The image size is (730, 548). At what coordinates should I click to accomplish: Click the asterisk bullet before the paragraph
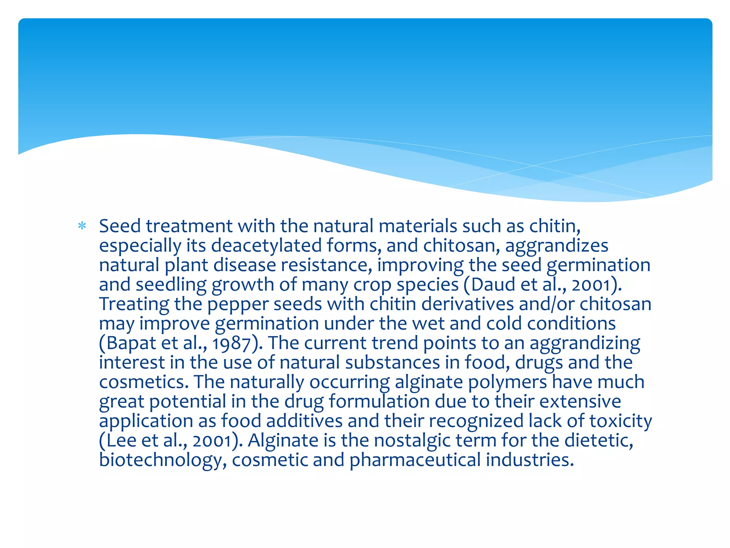pyautogui.click(x=82, y=226)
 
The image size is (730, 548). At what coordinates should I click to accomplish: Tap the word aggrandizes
pyautogui.click(x=556, y=246)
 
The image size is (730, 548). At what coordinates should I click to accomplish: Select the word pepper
pyautogui.click(x=238, y=304)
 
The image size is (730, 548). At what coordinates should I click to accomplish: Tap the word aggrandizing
pyautogui.click(x=585, y=343)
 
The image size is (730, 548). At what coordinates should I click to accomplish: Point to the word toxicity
pyautogui.click(x=620, y=421)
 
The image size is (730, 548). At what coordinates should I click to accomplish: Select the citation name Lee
pyautogui.click(x=120, y=441)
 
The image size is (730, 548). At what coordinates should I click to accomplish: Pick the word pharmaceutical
pyautogui.click(x=415, y=460)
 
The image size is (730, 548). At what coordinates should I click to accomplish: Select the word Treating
pyautogui.click(x=134, y=304)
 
